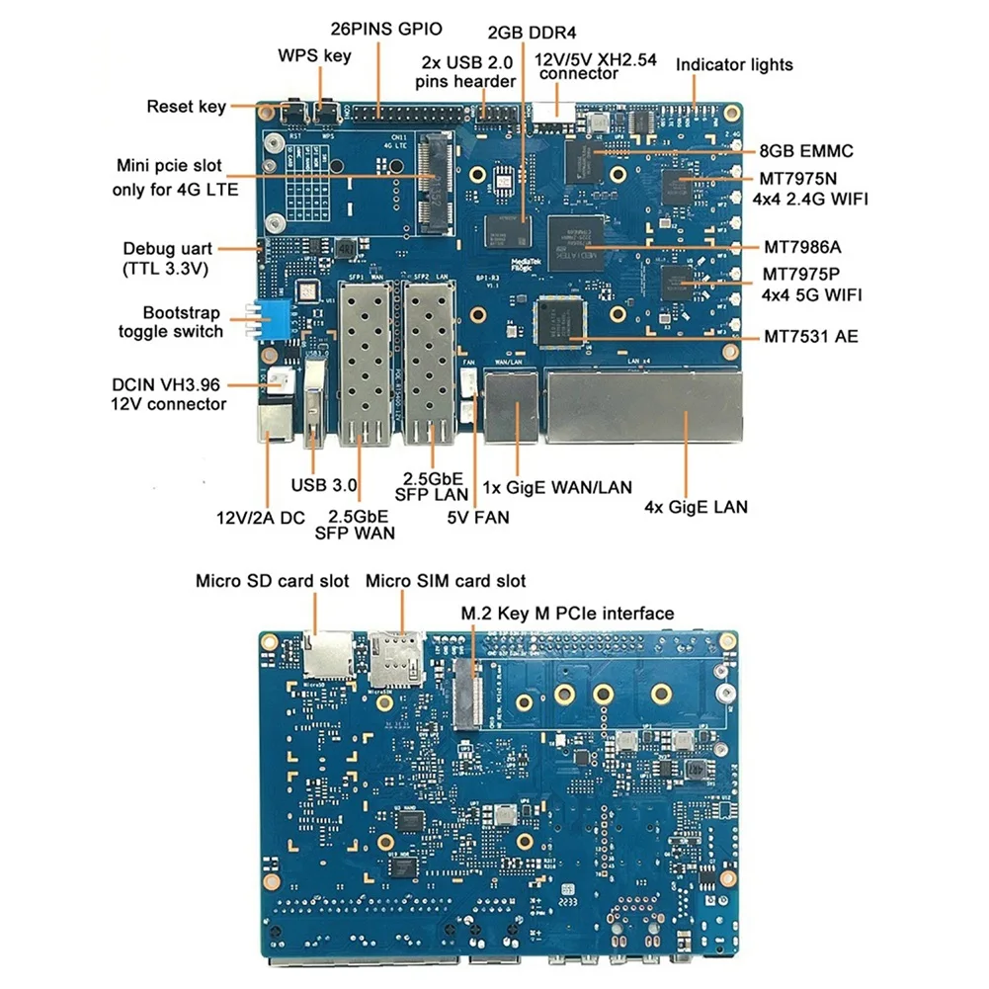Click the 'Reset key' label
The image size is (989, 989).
pos(186,106)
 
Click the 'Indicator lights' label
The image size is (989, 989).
pos(734,64)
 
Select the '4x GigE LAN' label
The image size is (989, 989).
pos(696,507)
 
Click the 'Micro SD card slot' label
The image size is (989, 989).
pos(272,581)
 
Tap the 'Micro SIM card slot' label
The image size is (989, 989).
pos(446,581)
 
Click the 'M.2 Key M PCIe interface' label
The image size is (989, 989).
pos(567,614)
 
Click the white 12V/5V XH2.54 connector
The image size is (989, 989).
pos(552,115)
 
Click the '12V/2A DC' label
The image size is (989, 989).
pos(254,517)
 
